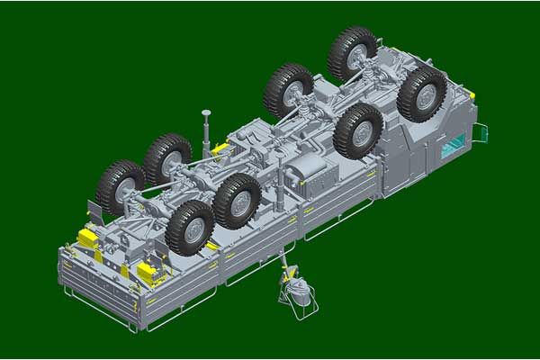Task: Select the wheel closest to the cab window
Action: click(x=421, y=93)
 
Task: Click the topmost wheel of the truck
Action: click(x=353, y=53)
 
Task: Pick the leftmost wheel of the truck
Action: click(x=121, y=186)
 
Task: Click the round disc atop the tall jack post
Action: click(x=206, y=114)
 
